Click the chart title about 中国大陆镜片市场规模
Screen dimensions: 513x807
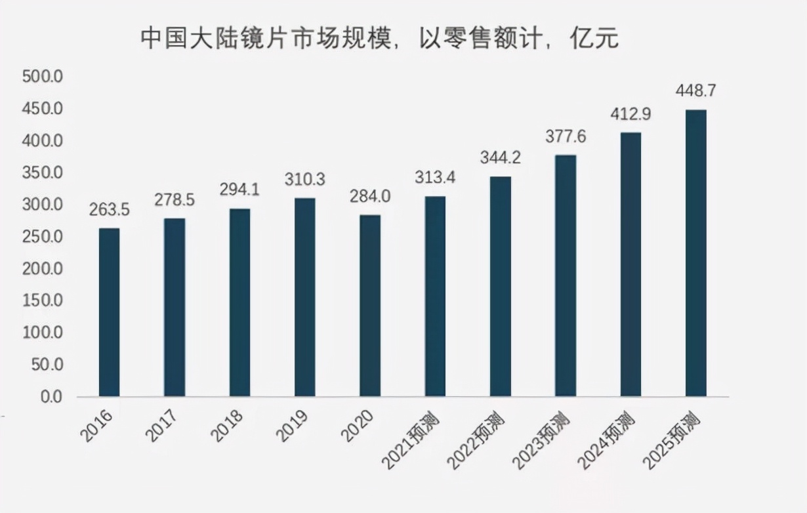tap(380, 39)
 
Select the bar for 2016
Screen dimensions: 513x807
tap(109, 312)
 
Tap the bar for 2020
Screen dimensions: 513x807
tap(370, 306)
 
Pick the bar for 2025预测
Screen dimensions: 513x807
tap(695, 253)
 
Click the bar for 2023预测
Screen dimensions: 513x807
tap(566, 276)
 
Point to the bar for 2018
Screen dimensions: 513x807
tap(239, 302)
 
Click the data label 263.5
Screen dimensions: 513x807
tap(109, 210)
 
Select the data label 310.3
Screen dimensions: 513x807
tap(304, 179)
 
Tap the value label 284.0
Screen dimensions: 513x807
tap(370, 197)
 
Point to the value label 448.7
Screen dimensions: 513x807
tap(695, 91)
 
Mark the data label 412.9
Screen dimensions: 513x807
tap(631, 114)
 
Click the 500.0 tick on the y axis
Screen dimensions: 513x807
tap(42, 77)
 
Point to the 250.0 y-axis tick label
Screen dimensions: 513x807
tap(42, 237)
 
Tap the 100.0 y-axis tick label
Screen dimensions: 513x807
tap(42, 333)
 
